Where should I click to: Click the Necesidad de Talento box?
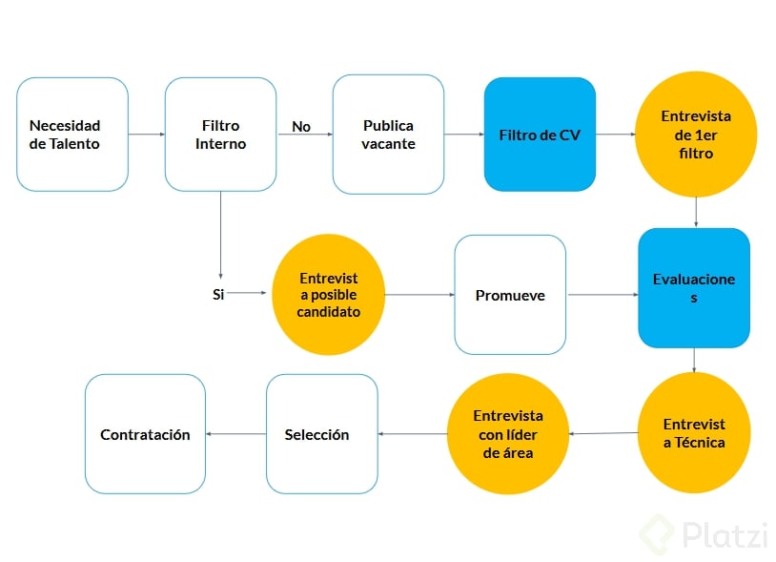click(72, 135)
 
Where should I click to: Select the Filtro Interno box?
click(220, 135)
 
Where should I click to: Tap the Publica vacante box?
click(388, 135)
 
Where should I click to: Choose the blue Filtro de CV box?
click(540, 135)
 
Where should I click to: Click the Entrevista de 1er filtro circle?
click(696, 135)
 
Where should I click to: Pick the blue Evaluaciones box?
click(694, 287)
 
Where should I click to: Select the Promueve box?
click(510, 295)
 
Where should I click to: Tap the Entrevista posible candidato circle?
click(328, 295)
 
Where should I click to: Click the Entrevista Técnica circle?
click(694, 432)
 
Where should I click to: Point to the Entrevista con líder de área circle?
click(507, 434)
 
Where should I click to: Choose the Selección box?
click(321, 434)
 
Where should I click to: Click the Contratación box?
click(145, 434)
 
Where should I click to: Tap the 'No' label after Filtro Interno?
click(301, 126)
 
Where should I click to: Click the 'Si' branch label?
click(218, 295)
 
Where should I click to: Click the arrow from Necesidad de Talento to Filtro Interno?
click(146, 135)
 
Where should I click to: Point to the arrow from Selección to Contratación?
click(235, 434)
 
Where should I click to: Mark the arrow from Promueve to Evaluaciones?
click(602, 295)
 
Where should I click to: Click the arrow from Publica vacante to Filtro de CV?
click(464, 135)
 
